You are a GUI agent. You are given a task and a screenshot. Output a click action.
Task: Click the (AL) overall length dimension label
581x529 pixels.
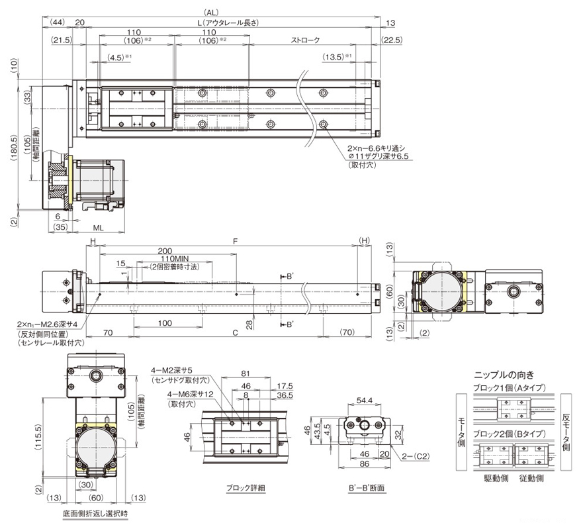pos(211,12)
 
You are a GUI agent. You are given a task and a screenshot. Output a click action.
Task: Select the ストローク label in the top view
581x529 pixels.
pos(305,40)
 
